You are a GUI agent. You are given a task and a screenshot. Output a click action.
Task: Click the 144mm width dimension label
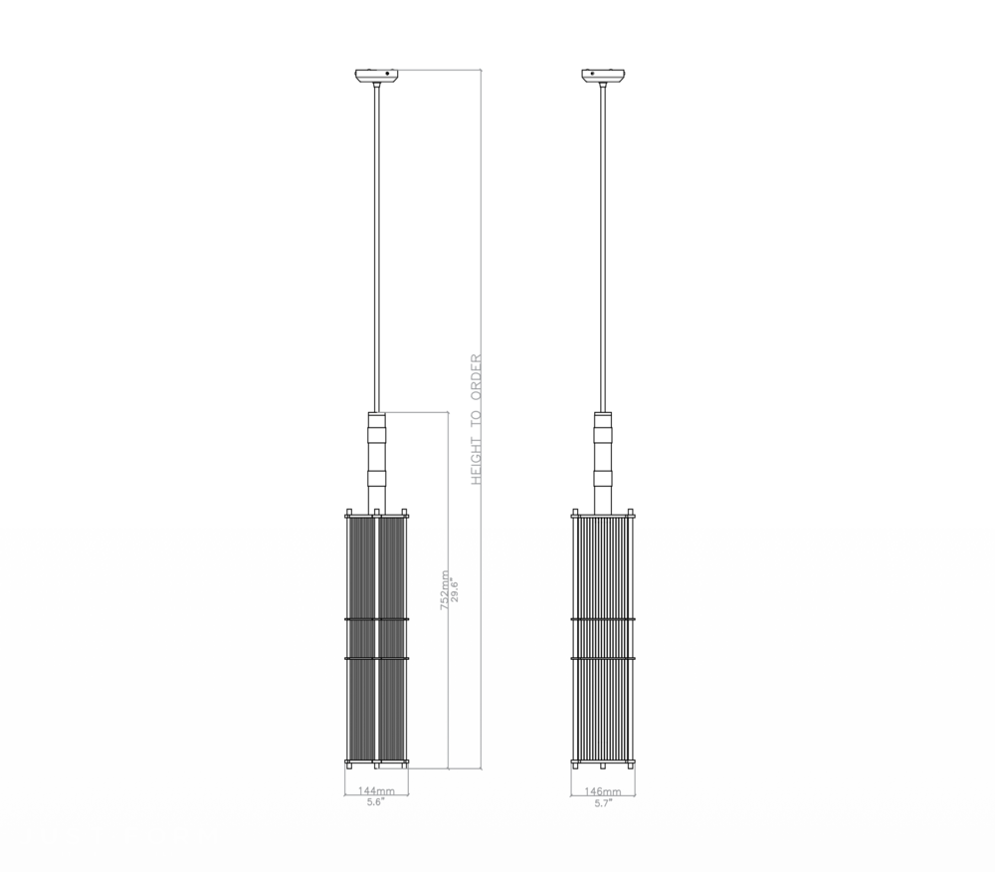pyautogui.click(x=376, y=790)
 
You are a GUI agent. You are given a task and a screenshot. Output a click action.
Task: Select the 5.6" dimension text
pyautogui.click(x=376, y=802)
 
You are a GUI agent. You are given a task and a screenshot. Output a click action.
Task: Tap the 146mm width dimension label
pyautogui.click(x=602, y=791)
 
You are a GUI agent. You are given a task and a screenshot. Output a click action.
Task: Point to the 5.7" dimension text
pyautogui.click(x=602, y=803)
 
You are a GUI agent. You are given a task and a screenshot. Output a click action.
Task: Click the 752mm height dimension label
pyautogui.click(x=445, y=590)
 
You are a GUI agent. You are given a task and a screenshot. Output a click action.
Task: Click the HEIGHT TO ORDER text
pyautogui.click(x=476, y=419)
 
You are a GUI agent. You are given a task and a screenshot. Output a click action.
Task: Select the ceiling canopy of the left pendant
pyautogui.click(x=377, y=77)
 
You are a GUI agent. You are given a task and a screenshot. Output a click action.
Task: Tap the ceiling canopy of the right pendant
pyautogui.click(x=603, y=77)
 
